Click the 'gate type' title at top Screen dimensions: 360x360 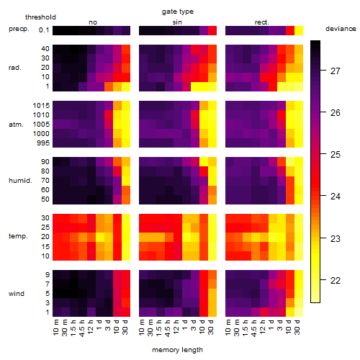point(178,12)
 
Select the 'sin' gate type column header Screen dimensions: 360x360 point(177,22)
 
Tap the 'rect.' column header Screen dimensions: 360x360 point(261,22)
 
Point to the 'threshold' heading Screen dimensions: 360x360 point(40,17)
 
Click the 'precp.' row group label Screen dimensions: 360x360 point(19,29)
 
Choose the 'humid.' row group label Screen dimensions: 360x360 point(20,180)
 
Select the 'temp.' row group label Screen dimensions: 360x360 point(18,236)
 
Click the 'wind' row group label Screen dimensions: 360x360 point(17,294)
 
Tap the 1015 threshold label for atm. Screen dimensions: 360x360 point(41,106)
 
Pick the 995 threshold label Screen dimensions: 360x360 point(43,143)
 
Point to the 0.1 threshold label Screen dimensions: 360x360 point(44,30)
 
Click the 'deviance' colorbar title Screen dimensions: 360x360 point(341,29)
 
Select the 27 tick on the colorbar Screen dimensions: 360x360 point(335,71)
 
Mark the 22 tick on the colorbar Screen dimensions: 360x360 point(335,280)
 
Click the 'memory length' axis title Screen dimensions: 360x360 point(177,350)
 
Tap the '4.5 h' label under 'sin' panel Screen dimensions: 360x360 point(168,328)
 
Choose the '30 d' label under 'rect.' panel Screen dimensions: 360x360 point(297,327)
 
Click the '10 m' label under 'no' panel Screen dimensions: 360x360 point(56,328)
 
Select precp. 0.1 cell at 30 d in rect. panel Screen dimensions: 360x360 point(299,30)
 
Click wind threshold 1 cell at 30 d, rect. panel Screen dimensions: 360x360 point(299,312)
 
